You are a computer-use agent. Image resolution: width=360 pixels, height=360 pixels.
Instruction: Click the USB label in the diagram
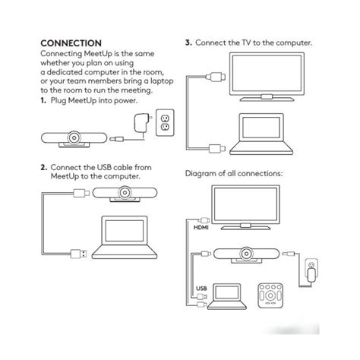(x=201, y=288)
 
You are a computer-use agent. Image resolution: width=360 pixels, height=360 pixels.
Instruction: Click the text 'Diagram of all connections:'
(x=234, y=173)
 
